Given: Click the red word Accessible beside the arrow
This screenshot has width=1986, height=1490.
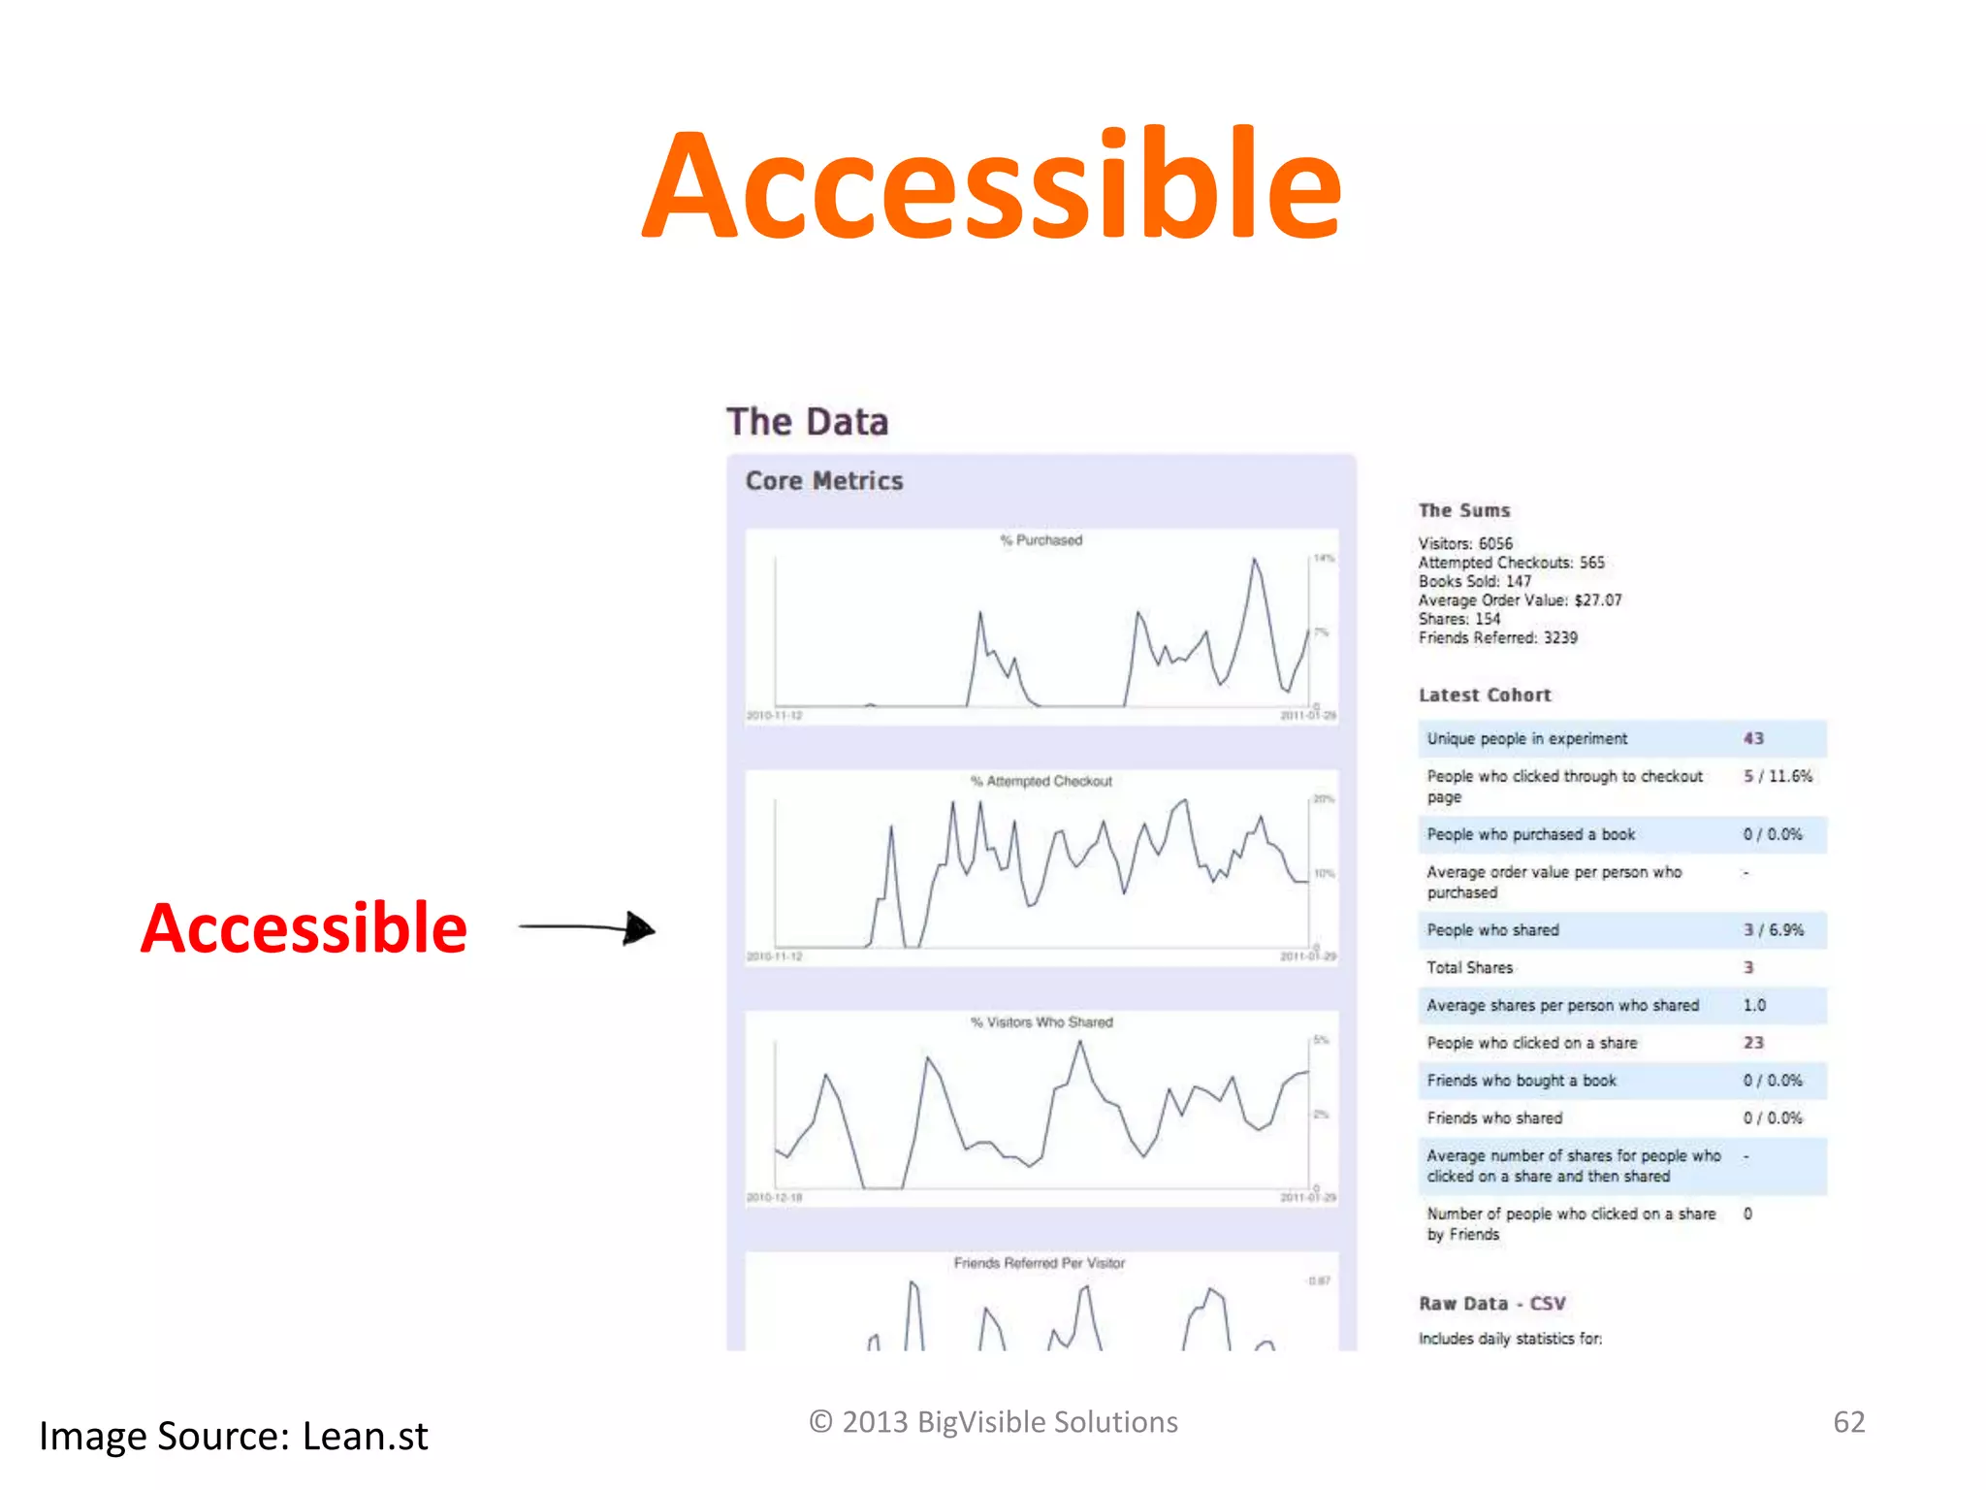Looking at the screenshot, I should pos(304,928).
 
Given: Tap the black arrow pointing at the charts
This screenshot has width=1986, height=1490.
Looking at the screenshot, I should pos(588,928).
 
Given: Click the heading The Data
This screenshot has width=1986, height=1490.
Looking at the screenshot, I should pos(807,422).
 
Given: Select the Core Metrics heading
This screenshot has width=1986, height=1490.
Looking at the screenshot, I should pos(823,481).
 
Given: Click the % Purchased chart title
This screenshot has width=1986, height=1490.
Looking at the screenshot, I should pos(1041,540).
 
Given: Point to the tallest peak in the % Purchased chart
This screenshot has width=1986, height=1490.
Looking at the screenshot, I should pos(1254,560).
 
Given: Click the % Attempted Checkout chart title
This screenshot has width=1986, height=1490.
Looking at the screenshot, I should pos(1041,782).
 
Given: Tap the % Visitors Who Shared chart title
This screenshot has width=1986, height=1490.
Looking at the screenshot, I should pos(1041,1022).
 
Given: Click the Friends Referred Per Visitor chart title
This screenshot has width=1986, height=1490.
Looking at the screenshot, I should pos(1040,1263).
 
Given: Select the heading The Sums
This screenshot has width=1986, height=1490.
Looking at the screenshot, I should pos(1463,510).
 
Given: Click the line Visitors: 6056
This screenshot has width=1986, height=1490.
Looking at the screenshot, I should pos(1464,543).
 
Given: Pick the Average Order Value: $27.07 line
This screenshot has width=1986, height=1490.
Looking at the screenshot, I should pos(1519,600).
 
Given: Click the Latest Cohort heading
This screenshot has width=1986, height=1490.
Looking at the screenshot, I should pos(1484,696).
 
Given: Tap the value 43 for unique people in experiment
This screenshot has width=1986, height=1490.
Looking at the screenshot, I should pos(1753,739).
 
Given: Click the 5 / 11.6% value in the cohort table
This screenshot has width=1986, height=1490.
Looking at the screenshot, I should pos(1777,776).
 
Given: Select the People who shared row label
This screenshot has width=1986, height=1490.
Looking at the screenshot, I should pos(1492,930).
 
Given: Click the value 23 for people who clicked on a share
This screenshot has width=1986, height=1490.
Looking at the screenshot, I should pos(1753,1043).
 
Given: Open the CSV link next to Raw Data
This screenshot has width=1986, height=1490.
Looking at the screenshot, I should pos(1548,1304).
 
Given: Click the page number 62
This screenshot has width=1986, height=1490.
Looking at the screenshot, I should pos(1848,1422).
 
